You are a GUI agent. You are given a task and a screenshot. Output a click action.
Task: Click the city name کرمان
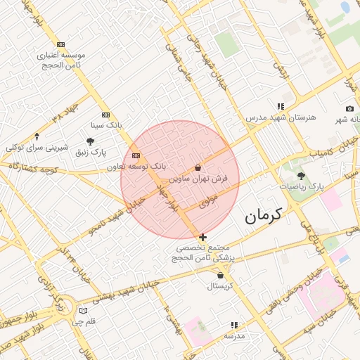264,215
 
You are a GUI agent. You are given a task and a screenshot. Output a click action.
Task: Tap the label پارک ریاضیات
302,187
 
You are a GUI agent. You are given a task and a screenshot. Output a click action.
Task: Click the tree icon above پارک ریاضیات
302,176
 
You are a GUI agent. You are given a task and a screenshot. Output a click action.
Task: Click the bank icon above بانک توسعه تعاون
136,155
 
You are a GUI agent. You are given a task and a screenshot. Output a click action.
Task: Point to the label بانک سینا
106,125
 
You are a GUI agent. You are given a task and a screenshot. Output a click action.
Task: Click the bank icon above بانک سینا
105,115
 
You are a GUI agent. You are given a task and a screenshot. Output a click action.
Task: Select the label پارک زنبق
91,152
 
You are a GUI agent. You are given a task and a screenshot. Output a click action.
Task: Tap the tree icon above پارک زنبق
91,141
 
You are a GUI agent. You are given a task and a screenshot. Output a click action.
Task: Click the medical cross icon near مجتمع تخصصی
202,238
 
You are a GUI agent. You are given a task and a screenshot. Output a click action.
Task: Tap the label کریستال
220,286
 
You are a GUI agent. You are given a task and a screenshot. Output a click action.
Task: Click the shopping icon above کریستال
221,276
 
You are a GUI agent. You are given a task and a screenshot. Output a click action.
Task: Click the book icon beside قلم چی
84,311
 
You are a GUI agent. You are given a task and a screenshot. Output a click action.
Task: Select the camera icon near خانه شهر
349,108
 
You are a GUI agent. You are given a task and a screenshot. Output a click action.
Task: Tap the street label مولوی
210,202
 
